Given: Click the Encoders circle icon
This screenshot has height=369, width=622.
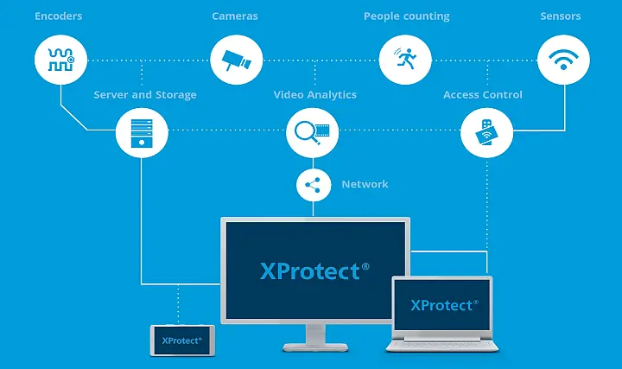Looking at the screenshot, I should click(60, 60).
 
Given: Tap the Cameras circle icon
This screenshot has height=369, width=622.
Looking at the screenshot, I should click(237, 60).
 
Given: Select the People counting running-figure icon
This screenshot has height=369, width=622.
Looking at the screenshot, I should click(404, 60).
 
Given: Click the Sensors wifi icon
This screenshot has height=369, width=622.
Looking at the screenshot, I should click(563, 60).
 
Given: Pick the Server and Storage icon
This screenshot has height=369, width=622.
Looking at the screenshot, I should click(142, 130).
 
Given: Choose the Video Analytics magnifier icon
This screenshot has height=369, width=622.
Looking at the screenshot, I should click(312, 130).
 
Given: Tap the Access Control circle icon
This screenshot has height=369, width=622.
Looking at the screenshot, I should click(486, 131).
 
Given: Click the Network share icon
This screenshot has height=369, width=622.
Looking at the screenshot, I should click(314, 184).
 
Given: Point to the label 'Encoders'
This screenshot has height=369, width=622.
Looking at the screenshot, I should click(59, 16).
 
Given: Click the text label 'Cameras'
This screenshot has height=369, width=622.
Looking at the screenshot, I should click(235, 16).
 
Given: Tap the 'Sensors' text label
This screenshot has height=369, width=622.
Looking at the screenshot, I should click(561, 16).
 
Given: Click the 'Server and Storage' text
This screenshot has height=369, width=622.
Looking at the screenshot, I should click(145, 95).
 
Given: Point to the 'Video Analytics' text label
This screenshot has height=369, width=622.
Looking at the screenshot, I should click(315, 95).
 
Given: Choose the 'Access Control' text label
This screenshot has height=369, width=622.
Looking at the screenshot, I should click(483, 95).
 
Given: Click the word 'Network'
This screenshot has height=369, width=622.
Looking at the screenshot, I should click(365, 184).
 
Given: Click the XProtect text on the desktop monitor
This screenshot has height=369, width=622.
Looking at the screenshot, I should click(314, 270).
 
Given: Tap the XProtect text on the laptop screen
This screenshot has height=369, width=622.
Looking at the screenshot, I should click(442, 305).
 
